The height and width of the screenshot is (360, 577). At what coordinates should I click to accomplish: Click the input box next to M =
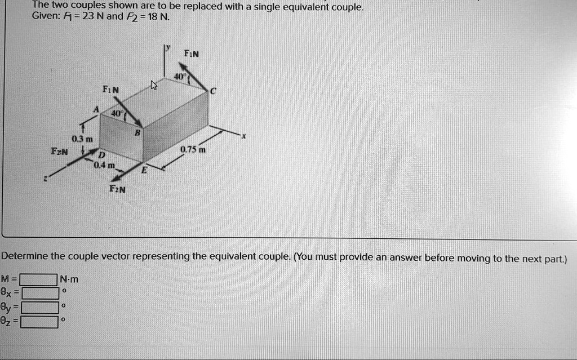pos(39,279)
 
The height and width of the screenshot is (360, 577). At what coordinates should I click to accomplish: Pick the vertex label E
pos(143,174)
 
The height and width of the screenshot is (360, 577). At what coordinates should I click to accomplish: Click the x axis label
pos(244,136)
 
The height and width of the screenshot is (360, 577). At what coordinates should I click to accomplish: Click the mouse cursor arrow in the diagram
pos(154,86)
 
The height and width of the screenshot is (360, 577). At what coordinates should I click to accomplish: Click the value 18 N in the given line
pos(156,16)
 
